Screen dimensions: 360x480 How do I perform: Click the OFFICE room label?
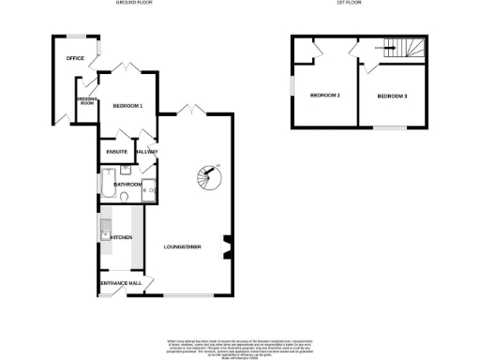point(75,58)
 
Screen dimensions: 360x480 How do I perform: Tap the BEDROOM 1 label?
point(127,106)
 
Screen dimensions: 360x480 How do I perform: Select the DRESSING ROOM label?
point(86,101)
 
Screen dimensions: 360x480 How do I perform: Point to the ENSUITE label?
point(117,152)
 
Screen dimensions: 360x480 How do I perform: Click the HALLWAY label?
point(147,152)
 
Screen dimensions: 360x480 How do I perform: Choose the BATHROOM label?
point(127,185)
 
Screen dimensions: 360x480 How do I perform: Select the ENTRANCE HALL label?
point(120,282)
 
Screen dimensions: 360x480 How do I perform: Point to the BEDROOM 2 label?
point(324,96)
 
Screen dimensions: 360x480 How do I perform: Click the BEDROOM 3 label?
point(392,96)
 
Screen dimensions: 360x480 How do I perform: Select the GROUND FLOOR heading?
point(134,4)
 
